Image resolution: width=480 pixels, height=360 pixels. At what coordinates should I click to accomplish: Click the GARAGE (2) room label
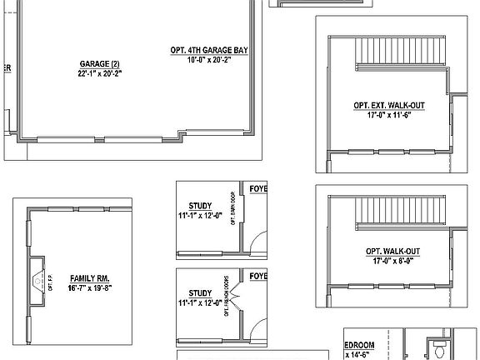coord(100,63)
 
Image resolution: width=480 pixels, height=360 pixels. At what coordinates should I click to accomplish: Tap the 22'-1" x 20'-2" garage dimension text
coord(100,72)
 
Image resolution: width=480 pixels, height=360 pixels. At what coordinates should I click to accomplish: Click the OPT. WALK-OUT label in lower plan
coord(392,251)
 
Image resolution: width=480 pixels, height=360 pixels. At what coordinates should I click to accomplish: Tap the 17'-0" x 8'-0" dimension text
coord(392,260)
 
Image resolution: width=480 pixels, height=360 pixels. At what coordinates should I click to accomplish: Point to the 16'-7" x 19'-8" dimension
coord(90,287)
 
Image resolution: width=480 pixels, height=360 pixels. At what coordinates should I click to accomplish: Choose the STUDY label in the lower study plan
coord(200,293)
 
